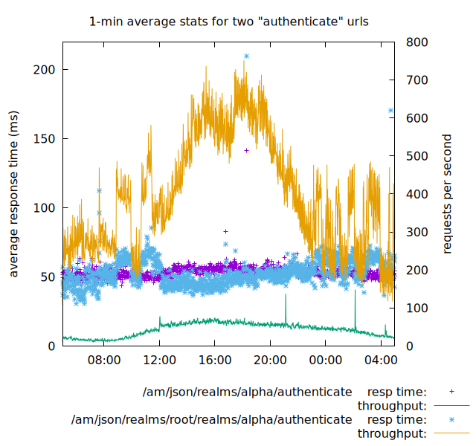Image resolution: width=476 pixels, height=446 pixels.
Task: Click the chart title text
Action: click(228, 22)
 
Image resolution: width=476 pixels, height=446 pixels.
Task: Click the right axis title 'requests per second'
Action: click(447, 193)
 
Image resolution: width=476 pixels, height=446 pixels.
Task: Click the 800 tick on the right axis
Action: click(416, 42)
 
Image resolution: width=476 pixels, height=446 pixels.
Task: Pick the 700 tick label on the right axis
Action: click(416, 80)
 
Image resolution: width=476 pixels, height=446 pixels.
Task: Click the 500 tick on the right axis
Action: click(416, 156)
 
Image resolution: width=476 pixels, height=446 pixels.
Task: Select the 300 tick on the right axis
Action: click(416, 232)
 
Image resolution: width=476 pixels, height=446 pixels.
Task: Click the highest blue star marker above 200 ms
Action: click(246, 56)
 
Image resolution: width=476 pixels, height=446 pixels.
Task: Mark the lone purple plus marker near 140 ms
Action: click(246, 150)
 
